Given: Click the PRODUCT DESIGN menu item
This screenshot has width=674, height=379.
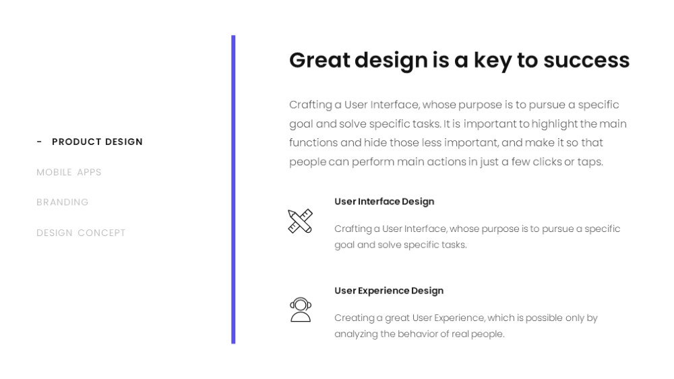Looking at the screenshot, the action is (97, 142).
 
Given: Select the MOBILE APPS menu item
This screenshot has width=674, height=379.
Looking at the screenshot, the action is (69, 172).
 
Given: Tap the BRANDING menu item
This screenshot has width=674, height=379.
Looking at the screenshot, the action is (62, 202).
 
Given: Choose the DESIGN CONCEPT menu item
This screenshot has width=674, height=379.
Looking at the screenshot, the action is (81, 233).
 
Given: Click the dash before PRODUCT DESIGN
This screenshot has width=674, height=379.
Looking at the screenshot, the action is (40, 142).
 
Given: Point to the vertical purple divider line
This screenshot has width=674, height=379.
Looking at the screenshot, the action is (233, 189).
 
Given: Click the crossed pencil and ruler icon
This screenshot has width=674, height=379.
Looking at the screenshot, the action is (300, 221).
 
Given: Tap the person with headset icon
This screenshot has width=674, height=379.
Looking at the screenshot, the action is (301, 310).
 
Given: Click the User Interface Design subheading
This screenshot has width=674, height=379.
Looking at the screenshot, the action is (384, 202).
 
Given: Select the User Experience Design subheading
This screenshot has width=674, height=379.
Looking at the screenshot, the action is (389, 291).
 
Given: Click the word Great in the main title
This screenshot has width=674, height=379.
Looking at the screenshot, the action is (319, 60).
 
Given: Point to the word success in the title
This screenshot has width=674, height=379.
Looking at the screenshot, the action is (586, 60).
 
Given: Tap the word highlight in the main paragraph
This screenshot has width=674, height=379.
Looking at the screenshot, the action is (554, 124).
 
